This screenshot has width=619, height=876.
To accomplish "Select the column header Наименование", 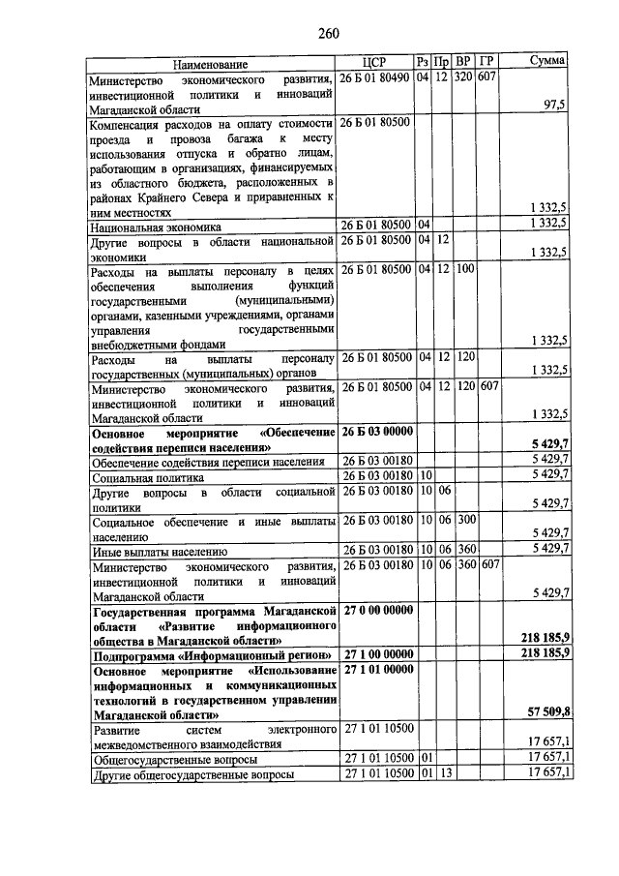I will [211, 63].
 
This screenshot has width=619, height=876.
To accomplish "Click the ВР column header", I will [464, 62].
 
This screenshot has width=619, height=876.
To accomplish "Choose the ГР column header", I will [487, 62].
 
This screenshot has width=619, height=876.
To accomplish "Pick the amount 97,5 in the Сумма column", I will [554, 106].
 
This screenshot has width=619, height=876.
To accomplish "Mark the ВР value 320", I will [464, 77].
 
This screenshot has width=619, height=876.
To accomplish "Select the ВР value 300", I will [465, 520].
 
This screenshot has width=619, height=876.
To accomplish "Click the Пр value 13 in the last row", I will [443, 773].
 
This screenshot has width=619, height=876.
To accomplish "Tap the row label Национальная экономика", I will [156, 225].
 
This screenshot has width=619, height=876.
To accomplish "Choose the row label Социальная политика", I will [147, 477].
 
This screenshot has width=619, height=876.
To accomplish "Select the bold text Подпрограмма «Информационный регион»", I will [211, 655].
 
